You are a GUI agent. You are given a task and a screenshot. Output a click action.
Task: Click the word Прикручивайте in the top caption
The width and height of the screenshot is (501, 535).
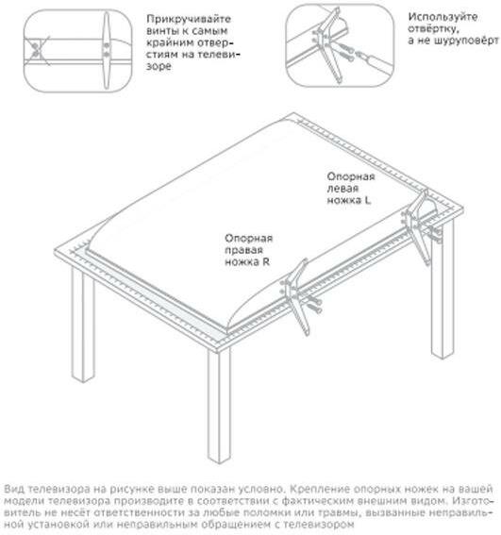189,19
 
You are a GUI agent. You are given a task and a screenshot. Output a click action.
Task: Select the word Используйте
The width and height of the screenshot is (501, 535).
443,17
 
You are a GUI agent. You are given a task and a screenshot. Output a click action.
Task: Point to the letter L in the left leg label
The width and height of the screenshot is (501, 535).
366,200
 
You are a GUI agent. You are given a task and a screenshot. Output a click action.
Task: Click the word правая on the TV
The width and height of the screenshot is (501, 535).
243,250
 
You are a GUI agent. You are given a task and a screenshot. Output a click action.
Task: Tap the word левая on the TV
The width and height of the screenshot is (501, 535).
342,189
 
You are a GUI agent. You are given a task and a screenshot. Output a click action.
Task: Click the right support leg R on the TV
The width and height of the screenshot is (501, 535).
296,296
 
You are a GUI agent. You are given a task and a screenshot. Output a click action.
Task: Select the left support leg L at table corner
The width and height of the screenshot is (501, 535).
418,226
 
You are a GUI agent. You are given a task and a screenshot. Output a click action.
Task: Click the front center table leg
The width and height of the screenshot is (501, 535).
219,405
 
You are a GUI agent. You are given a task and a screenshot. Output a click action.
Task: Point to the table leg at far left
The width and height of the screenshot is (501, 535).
83,325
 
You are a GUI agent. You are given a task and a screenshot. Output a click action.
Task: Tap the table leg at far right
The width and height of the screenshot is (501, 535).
443,290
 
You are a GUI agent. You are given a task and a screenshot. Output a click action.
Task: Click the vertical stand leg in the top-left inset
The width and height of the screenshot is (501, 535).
107,51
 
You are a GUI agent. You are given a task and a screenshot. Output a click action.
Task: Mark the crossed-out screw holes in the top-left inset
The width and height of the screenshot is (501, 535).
35,50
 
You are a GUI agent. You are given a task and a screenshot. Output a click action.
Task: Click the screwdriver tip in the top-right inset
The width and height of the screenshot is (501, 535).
359,54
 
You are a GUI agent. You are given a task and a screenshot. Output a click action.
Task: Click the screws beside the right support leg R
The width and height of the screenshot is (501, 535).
313,305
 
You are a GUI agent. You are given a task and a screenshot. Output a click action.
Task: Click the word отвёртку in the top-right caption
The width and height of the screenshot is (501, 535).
433,28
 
